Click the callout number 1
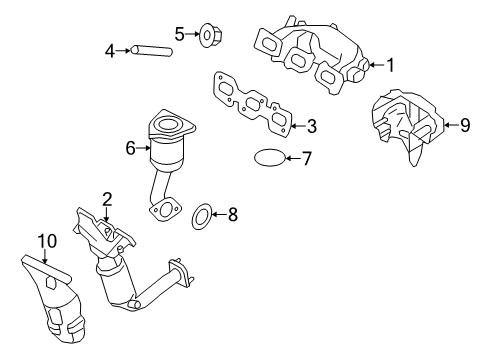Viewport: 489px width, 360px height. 390,65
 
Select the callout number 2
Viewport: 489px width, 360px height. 107,199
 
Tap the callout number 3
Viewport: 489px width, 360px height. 312,126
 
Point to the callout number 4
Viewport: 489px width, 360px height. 110,51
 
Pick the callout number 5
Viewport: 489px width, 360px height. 180,34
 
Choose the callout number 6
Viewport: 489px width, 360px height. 131,148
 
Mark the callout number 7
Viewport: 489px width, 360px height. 306,158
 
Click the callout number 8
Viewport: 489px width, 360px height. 233,214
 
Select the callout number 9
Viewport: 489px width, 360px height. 465,125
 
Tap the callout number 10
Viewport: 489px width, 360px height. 47,241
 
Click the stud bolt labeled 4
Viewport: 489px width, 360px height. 152,51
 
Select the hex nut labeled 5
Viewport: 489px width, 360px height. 210,35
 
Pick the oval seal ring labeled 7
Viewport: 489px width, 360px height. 270,158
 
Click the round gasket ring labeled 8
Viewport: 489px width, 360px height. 202,217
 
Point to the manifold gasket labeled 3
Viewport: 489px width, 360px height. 252,104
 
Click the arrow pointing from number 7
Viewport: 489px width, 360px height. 293,158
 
